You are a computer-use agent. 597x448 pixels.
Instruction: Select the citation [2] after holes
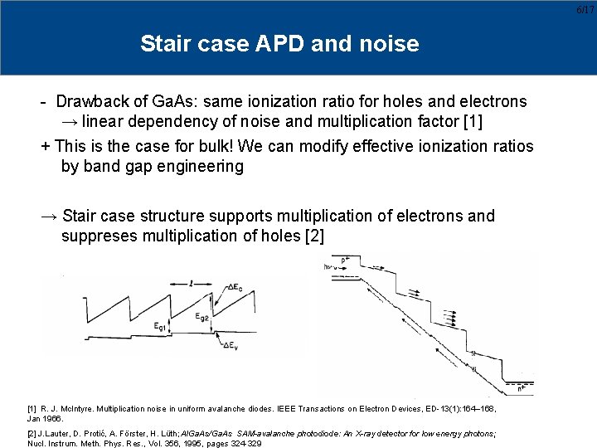[314, 236]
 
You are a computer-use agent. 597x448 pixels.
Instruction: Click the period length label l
[192, 283]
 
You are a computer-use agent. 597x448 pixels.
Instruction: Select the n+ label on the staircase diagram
[519, 387]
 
